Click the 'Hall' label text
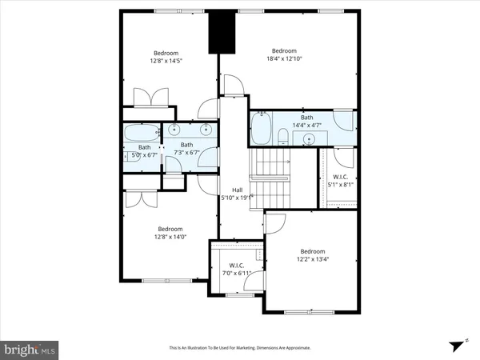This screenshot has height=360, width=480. (237, 190)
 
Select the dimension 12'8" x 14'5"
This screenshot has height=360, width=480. (168, 62)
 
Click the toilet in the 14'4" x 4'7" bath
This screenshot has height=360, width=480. (282, 135)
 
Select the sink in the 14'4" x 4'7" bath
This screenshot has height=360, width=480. (309, 138)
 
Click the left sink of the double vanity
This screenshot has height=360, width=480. (174, 129)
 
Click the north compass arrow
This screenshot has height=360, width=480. (458, 344)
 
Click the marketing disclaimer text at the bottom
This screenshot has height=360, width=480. (239, 348)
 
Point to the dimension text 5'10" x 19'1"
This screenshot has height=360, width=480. (237, 198)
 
